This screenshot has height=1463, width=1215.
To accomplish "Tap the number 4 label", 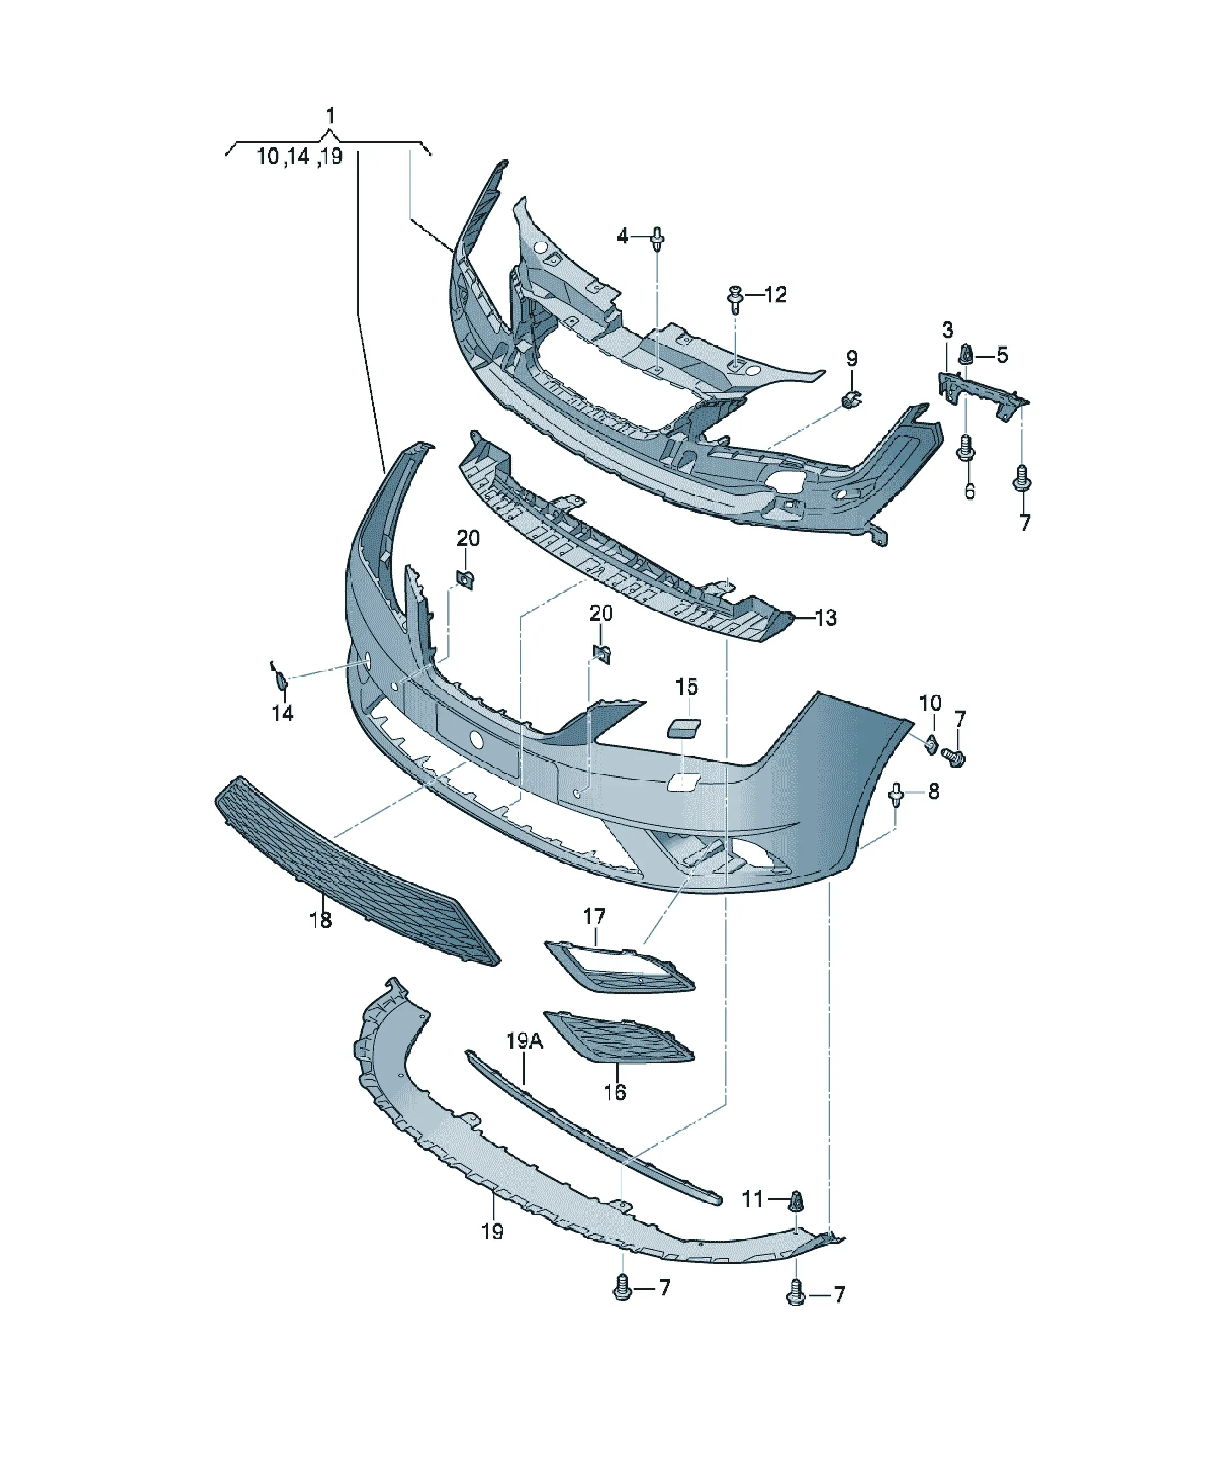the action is coord(622,237).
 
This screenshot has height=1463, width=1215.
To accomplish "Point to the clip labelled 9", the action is coord(851,401).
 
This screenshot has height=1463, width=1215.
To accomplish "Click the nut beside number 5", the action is coord(966,355).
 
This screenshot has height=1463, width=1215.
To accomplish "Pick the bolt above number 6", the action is coord(966,448).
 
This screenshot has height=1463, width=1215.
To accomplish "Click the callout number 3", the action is coord(948,329).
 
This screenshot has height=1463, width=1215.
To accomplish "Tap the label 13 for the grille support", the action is coord(825,617).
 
